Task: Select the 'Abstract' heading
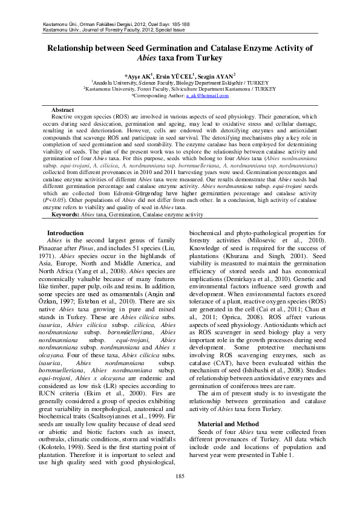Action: click(63, 109)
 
